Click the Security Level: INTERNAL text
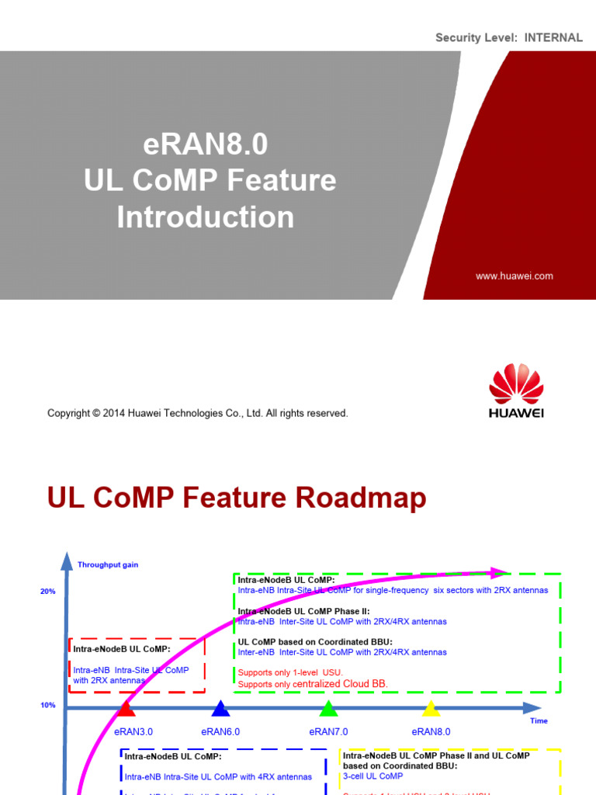[x=508, y=37]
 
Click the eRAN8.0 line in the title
[x=206, y=144]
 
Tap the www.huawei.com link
[x=514, y=276]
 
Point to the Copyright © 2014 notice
[x=198, y=413]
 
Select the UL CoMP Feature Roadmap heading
[x=237, y=498]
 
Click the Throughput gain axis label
[x=108, y=564]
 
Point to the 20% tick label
[x=48, y=592]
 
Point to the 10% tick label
[x=48, y=705]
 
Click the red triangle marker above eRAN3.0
[x=126, y=709]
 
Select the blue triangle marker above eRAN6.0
[x=220, y=709]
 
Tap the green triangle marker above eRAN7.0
[x=328, y=709]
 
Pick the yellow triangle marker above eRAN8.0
[x=431, y=709]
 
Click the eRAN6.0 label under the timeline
[x=220, y=731]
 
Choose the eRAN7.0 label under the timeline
[x=328, y=731]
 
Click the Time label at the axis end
[x=539, y=720]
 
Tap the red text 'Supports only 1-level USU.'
[x=290, y=672]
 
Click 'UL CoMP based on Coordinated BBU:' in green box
[x=315, y=641]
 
